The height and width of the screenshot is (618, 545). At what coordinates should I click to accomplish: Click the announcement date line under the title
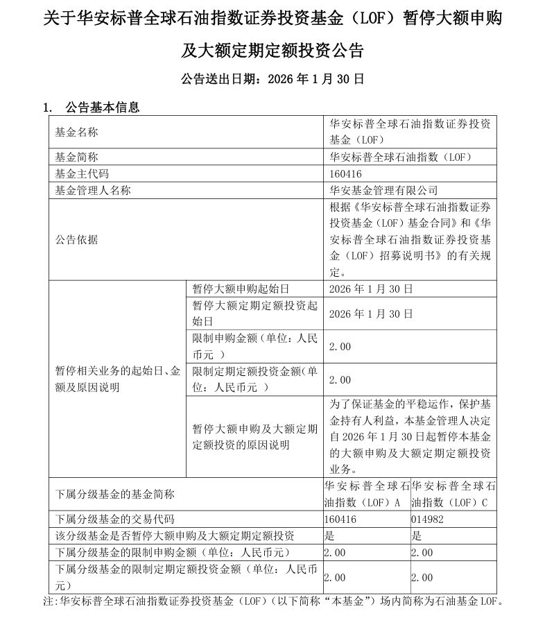coord(272,79)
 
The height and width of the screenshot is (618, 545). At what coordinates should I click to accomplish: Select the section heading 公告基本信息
coord(102,108)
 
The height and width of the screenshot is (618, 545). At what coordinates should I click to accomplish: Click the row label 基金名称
coord(77,132)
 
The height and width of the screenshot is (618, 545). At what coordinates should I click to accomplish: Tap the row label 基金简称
coord(77,157)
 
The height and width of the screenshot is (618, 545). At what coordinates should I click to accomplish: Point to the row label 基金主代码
coord(82,173)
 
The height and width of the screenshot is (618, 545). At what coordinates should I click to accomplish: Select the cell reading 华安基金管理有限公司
coord(383,190)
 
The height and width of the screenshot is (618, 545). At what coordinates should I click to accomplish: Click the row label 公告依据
coord(77,240)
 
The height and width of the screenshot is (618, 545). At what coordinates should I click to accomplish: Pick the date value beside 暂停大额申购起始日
coord(371,289)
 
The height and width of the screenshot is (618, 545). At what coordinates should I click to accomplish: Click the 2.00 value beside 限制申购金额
coord(340,346)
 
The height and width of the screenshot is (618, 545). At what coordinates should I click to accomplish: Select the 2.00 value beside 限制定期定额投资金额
coord(340,379)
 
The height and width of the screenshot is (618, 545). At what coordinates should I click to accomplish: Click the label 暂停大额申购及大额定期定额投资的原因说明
coord(254,437)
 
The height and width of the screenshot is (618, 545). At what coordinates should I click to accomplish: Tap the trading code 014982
coord(426,519)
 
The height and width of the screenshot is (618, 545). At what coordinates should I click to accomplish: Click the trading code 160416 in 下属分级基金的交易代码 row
coord(340,519)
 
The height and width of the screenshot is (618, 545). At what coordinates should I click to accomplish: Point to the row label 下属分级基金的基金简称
coord(115,495)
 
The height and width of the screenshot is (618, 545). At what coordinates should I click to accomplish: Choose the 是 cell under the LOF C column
coord(417,535)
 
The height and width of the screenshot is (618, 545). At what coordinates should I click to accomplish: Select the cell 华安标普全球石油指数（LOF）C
coord(453,494)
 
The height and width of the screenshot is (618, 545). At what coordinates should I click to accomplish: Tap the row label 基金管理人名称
coord(93,190)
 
